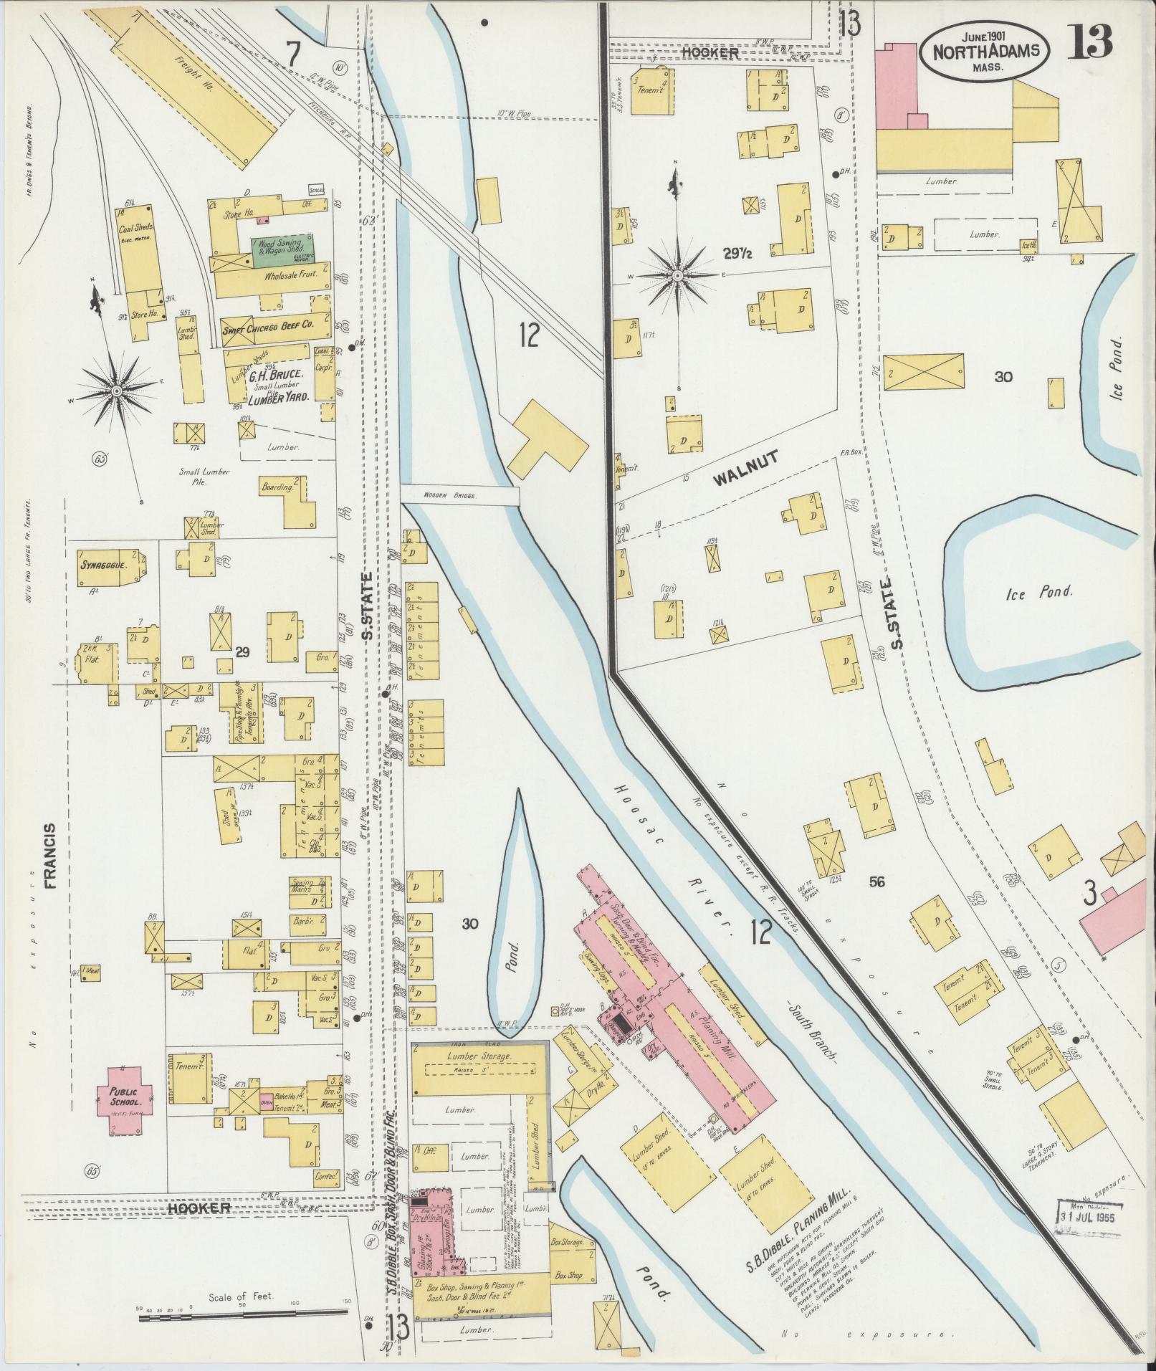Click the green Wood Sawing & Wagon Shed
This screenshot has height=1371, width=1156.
tap(285, 252)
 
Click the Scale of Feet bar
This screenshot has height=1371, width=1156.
tap(244, 1314)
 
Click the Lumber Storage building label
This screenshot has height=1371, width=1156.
tap(478, 1057)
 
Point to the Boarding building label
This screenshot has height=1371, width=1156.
tap(277, 487)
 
